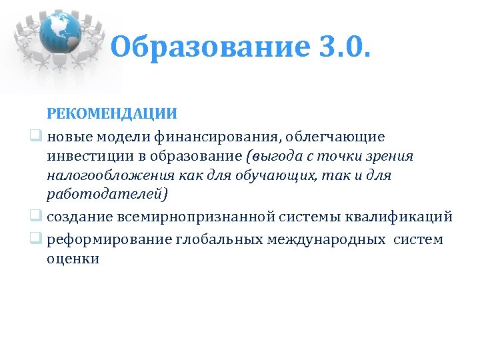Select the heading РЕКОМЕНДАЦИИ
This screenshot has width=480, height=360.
112,113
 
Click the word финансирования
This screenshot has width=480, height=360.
219,137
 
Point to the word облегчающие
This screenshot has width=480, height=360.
339,137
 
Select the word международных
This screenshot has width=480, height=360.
327,239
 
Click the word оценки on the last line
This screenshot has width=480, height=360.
73,259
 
